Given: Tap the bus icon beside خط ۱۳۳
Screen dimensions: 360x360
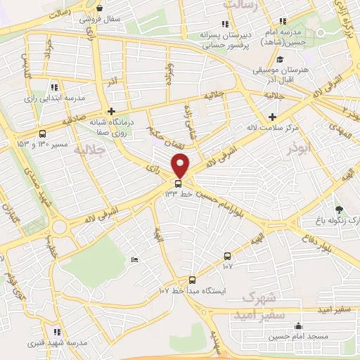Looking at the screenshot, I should (x=176, y=183).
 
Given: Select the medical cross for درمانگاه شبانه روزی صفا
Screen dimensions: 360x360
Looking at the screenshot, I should (x=111, y=110).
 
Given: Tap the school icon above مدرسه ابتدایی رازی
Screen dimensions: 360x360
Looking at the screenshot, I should (x=54, y=86).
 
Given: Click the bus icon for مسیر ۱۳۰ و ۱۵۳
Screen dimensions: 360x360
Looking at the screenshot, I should (x=43, y=134).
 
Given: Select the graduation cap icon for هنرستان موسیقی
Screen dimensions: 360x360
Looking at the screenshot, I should (x=280, y=60).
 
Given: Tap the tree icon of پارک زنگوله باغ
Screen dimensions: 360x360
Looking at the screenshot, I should (x=339, y=210).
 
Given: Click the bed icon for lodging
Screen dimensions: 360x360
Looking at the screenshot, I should (x=135, y=259).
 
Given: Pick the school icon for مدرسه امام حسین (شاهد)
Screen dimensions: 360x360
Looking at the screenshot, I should (x=283, y=22).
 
